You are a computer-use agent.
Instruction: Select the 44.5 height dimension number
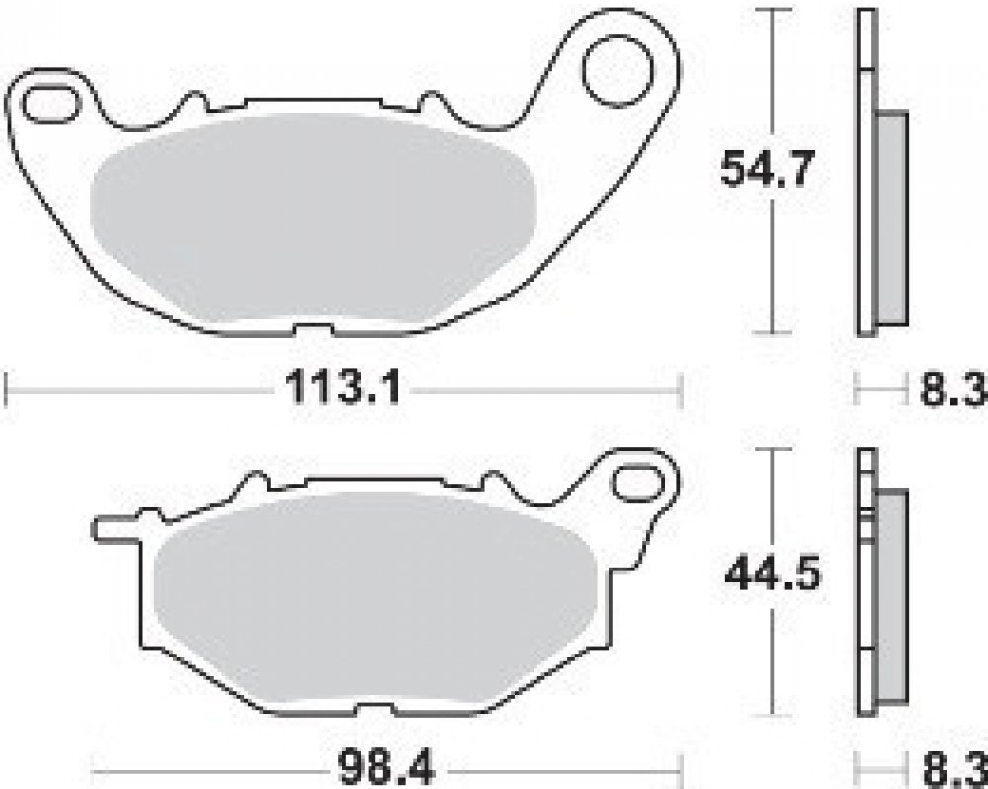(x=773, y=573)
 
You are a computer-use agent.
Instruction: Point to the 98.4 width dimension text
(x=386, y=768)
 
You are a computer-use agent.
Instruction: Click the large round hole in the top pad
(x=618, y=70)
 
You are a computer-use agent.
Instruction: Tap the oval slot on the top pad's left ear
(x=51, y=104)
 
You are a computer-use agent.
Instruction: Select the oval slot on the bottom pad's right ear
(x=637, y=482)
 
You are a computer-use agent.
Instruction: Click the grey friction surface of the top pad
(x=312, y=218)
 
